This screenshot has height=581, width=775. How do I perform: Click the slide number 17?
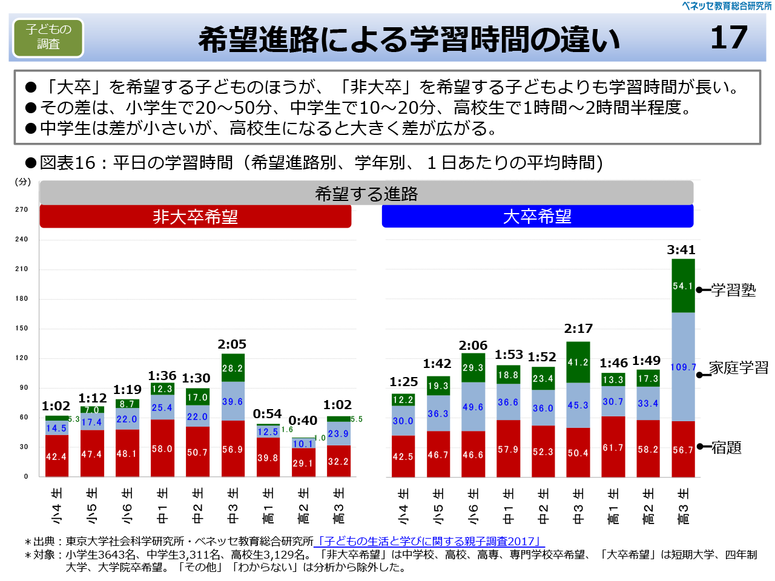coord(729,38)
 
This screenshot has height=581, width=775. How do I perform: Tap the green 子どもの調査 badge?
coord(48,37)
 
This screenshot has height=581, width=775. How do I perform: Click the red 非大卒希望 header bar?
coord(195,217)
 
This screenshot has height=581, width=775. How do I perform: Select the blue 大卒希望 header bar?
coord(537,216)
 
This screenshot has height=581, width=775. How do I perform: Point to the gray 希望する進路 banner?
coord(366,194)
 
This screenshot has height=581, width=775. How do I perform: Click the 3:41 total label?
coord(681,250)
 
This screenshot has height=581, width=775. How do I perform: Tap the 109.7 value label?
coord(683,367)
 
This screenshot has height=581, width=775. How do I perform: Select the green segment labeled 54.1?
coord(683,286)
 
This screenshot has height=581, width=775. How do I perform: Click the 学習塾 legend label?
coord(733,290)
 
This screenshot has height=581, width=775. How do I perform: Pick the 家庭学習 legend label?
coord(738,367)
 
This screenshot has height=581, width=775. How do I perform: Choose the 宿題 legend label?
coord(726,447)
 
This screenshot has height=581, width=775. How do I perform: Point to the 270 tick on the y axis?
coord(22,209)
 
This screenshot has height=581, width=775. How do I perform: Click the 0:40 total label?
coord(303,421)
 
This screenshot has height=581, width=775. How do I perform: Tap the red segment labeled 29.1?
coord(303,462)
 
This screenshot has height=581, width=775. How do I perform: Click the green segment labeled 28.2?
coord(232,368)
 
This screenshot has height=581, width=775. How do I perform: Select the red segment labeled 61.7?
coord(613,447)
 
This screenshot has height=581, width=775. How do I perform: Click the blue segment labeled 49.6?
coord(473,407)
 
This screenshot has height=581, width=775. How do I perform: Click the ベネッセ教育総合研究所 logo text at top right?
coord(727,6)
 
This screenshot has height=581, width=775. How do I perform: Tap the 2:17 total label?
coord(578,329)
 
